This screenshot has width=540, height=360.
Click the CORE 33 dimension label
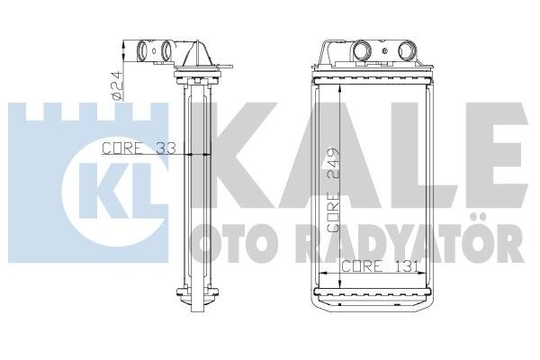pyautogui.click(x=138, y=148)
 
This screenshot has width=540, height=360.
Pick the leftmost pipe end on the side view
pyautogui.click(x=144, y=49)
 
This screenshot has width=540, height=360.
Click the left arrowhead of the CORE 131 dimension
pyautogui.click(x=319, y=273)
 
